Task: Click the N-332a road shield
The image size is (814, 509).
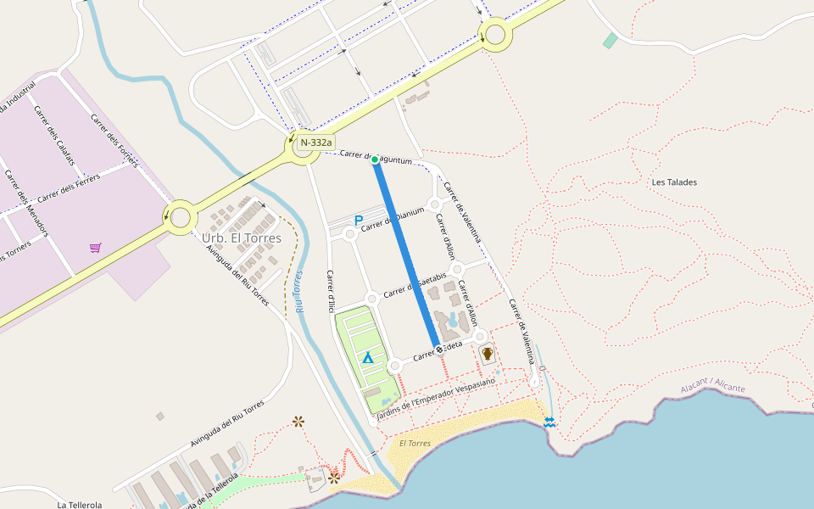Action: tap(315, 143)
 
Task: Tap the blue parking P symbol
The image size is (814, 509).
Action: tap(359, 221)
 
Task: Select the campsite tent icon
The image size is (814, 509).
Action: tap(368, 358)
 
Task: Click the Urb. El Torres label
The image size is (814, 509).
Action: tap(242, 238)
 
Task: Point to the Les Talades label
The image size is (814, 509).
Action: tap(674, 182)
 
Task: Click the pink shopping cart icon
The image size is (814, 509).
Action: tap(96, 248)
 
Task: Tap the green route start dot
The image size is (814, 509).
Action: tap(375, 159)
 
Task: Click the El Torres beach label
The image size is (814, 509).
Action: tap(415, 443)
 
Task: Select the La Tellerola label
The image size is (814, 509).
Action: tap(80, 504)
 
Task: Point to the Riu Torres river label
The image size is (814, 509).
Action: tap(299, 292)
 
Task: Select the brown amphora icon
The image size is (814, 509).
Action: tap(488, 353)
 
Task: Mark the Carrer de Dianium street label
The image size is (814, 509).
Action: tap(393, 219)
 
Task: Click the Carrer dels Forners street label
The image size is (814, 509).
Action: tap(114, 140)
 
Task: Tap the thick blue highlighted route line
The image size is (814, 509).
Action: tap(407, 255)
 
